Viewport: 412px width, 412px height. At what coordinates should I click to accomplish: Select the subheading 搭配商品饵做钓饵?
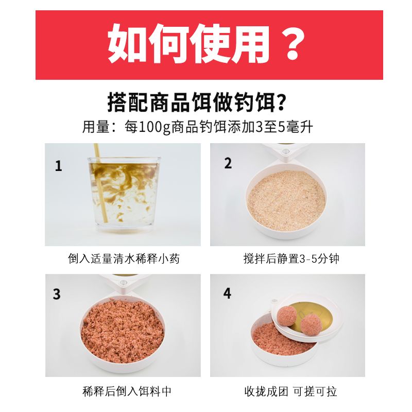(x=197, y=102)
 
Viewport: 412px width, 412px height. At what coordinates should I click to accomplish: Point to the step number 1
(x=58, y=166)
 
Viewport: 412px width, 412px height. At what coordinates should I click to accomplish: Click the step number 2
(x=228, y=163)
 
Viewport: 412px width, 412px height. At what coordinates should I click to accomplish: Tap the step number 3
(x=57, y=294)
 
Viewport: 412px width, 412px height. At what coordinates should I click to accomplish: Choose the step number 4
(x=227, y=293)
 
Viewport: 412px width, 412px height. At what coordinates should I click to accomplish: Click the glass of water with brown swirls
(x=124, y=192)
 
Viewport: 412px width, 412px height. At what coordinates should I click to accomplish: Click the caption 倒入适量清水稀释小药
(x=124, y=259)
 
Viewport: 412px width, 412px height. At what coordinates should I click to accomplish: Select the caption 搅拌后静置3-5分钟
(x=291, y=259)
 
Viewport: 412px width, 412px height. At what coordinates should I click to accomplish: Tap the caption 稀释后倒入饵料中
(x=127, y=391)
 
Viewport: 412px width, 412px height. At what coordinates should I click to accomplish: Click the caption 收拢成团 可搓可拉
(x=290, y=391)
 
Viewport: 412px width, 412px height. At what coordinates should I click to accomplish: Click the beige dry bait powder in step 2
(x=287, y=201)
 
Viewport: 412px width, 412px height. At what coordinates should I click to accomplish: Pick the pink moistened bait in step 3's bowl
(x=123, y=331)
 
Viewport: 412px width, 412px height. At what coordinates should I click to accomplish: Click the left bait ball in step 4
(x=287, y=316)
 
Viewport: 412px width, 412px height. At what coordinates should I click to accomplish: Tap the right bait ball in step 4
(x=311, y=325)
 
